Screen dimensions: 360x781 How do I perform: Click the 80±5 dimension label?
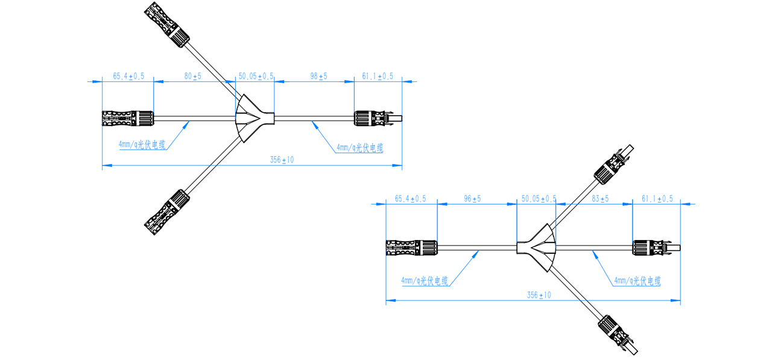(192, 77)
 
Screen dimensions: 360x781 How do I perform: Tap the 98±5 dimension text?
(318, 77)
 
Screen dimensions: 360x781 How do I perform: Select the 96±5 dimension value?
(472, 199)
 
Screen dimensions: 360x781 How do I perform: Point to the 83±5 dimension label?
(600, 199)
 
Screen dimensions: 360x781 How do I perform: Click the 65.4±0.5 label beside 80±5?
(128, 77)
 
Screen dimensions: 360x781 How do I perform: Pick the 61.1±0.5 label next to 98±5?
(378, 77)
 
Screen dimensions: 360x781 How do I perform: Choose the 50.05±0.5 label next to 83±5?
(539, 199)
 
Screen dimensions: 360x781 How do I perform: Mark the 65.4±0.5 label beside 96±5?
(410, 199)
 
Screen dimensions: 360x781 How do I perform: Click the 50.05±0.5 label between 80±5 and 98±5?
(256, 77)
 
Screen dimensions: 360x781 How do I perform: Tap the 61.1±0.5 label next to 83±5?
(657, 199)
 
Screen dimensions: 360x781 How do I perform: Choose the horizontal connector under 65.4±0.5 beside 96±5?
(411, 247)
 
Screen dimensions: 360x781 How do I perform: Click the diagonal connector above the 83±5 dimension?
(612, 165)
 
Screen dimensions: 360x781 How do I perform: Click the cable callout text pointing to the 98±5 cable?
(360, 148)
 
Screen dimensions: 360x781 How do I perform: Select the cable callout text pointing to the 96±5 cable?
(425, 282)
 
